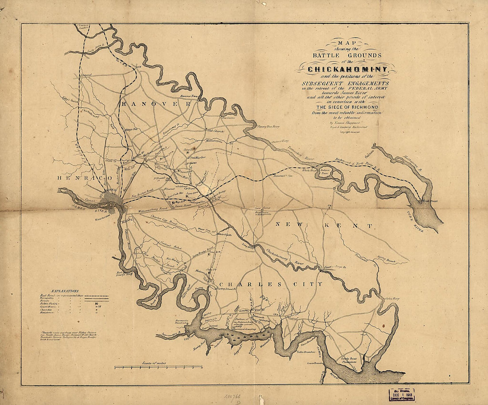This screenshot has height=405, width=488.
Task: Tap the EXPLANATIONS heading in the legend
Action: pos(65,291)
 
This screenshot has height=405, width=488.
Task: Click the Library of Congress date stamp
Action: pos(402,395)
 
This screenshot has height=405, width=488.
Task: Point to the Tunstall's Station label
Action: pos(278,176)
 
